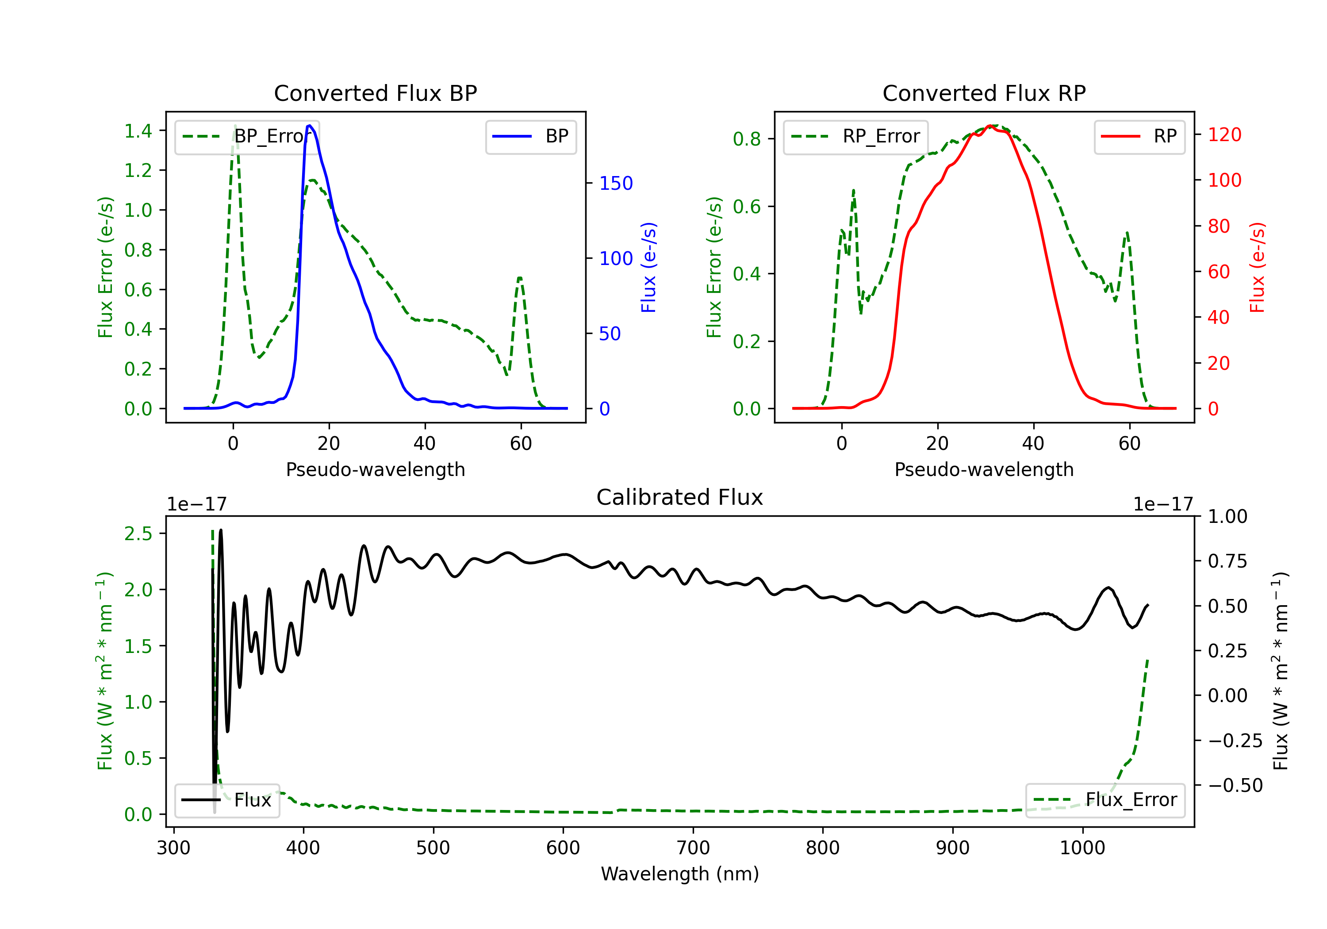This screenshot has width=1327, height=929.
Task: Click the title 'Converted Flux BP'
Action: pyautogui.click(x=375, y=93)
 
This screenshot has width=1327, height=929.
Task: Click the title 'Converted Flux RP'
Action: pyautogui.click(x=984, y=93)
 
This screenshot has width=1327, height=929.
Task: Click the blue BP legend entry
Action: pyautogui.click(x=530, y=136)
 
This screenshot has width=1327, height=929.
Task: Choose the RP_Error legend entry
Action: pyautogui.click(x=855, y=136)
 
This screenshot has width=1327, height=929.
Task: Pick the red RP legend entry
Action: pyautogui.click(x=1139, y=136)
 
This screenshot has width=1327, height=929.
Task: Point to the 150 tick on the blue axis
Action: pyautogui.click(x=616, y=183)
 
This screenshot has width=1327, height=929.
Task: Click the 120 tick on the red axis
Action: pyautogui.click(x=1224, y=134)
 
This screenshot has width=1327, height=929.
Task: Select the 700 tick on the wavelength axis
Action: pyautogui.click(x=693, y=848)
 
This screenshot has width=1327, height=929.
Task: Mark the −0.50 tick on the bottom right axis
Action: pyautogui.click(x=1235, y=785)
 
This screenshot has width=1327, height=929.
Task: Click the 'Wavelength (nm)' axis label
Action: pyautogui.click(x=680, y=874)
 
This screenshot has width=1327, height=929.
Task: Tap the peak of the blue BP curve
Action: pyautogui.click(x=310, y=126)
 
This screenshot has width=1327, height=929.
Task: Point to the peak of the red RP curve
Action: pyautogui.click(x=990, y=126)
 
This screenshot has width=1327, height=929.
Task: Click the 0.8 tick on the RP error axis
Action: pyautogui.click(x=747, y=139)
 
